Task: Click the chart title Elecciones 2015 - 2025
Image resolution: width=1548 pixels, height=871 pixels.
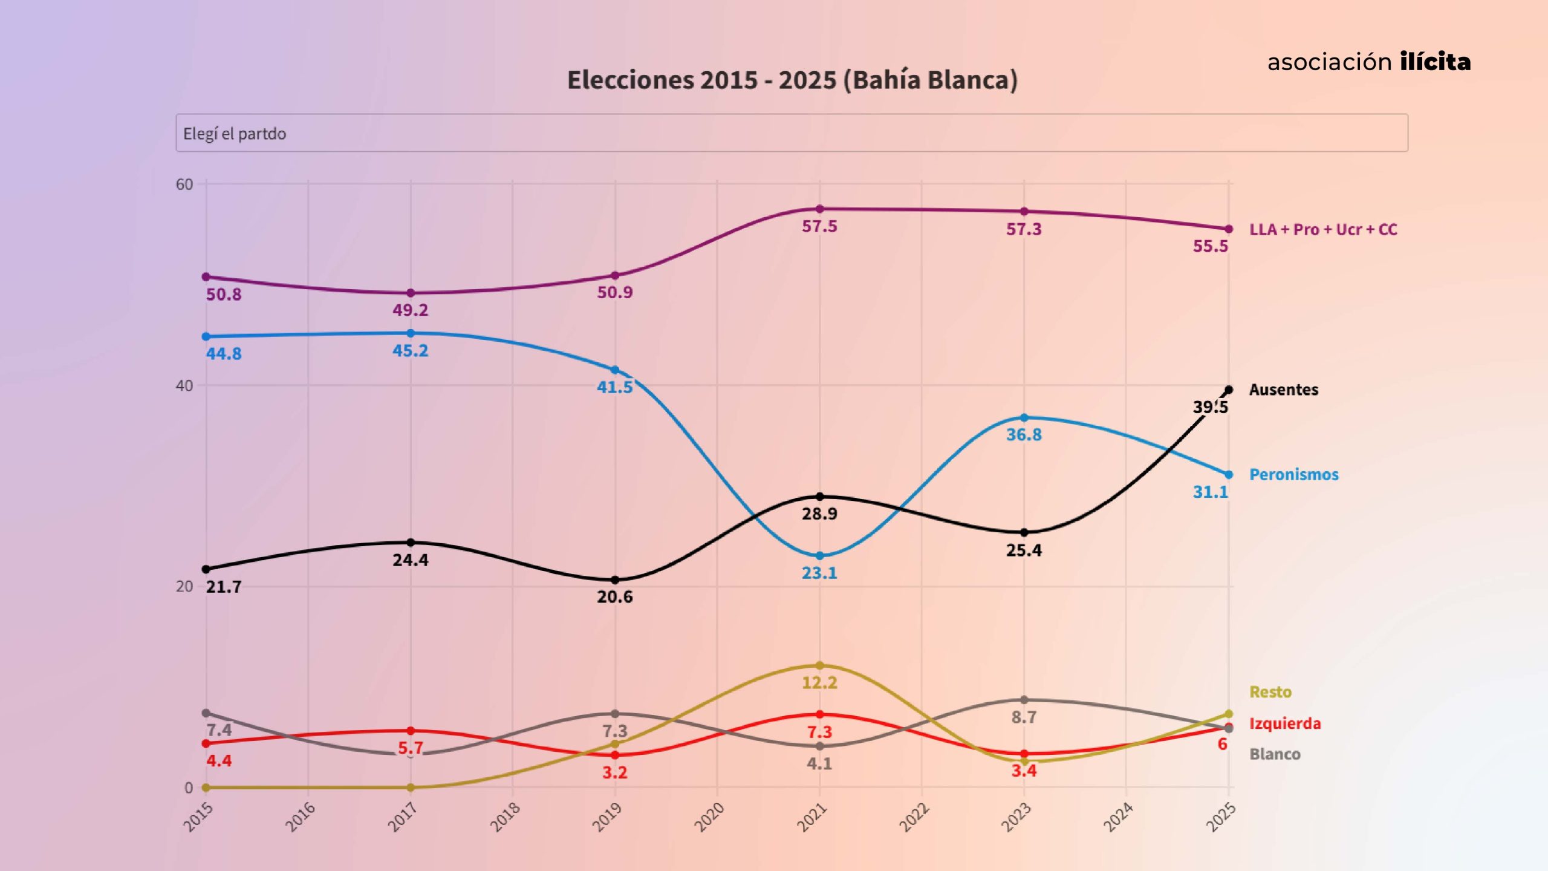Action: tap(792, 80)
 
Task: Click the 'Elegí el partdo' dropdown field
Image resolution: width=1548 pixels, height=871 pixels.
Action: tap(792, 133)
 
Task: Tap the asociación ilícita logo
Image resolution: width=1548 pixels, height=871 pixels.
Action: tap(1369, 62)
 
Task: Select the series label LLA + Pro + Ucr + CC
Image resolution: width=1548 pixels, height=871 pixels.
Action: tap(1323, 230)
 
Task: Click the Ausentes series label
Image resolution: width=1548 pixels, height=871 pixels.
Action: tap(1283, 390)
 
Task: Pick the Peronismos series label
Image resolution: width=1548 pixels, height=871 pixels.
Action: tap(1293, 474)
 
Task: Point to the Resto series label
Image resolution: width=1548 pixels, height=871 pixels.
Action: tap(1270, 692)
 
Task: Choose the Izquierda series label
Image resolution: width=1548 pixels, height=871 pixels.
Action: tap(1285, 723)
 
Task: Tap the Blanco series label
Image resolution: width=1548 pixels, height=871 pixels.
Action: tap(1275, 754)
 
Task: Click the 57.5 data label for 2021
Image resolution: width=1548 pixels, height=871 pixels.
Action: tap(819, 227)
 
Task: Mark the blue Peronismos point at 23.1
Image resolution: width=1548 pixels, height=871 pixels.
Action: tap(819, 556)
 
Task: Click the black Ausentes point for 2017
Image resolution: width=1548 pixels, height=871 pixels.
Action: tap(411, 543)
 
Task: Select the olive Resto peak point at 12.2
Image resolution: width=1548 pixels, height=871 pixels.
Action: tap(819, 665)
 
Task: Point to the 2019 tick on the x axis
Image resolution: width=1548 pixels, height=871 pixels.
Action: tap(608, 817)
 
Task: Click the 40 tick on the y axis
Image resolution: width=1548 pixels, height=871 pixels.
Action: tap(184, 386)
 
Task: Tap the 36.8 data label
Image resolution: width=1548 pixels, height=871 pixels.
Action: tap(1024, 435)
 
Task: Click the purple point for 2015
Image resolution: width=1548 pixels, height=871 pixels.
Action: tap(206, 277)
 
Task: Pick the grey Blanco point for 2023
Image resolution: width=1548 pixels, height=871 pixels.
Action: tap(1024, 700)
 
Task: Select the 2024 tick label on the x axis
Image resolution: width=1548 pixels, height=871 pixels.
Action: tap(1119, 817)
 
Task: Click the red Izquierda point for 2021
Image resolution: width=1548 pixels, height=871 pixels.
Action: tap(819, 714)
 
